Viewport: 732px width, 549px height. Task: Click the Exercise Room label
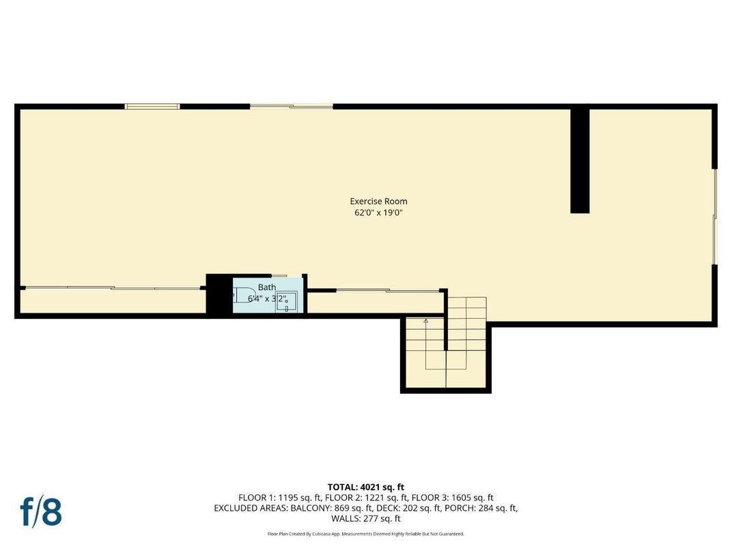point(378,201)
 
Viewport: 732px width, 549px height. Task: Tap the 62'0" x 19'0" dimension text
point(378,212)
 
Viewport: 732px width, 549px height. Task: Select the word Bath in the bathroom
point(266,287)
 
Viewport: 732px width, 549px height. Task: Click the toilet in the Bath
point(240,296)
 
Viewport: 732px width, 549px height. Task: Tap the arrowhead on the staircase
point(426,320)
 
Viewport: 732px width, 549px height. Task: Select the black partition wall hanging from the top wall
point(580,160)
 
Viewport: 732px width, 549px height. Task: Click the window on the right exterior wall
point(715,216)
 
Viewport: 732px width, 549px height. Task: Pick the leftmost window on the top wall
point(152,106)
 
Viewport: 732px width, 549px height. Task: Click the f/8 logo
point(41,511)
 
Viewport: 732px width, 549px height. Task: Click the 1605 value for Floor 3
point(451,498)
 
